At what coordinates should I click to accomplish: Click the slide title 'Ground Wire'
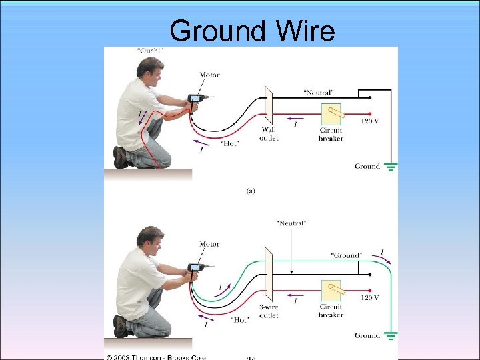click(252, 30)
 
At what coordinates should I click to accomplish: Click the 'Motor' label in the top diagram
click(209, 75)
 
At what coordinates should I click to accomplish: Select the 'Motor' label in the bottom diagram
click(209, 244)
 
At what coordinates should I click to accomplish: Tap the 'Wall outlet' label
click(269, 134)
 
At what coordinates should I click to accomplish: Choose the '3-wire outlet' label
click(269, 311)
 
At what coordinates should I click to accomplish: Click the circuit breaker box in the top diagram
click(331, 114)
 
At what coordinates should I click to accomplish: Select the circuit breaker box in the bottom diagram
click(331, 291)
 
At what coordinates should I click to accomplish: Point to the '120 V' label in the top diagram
click(370, 122)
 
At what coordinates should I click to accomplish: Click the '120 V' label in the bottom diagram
click(370, 297)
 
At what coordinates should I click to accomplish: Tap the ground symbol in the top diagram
click(391, 166)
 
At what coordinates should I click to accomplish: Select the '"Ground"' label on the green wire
click(346, 255)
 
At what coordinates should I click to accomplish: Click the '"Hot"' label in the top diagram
click(231, 143)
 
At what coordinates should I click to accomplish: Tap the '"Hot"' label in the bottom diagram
click(241, 320)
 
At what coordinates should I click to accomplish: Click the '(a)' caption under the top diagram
click(251, 191)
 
